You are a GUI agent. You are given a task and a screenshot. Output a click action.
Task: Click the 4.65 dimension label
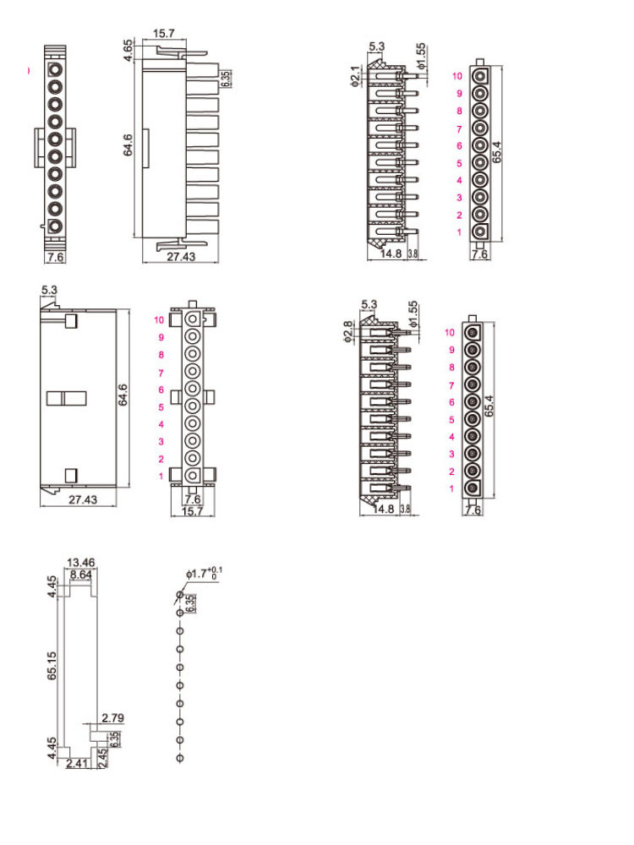click(x=128, y=48)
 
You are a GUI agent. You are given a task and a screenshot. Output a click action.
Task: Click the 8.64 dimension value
click(x=81, y=575)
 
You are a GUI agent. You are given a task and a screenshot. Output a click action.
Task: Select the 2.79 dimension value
click(x=112, y=718)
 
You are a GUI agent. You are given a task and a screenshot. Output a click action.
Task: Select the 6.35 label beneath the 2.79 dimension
click(x=114, y=738)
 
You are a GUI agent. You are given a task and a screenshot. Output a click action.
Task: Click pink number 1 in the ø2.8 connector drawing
click(x=451, y=489)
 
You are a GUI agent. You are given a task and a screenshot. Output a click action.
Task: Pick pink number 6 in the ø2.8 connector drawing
click(x=451, y=402)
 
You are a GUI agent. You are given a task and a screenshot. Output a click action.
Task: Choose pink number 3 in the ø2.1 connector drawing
click(x=459, y=198)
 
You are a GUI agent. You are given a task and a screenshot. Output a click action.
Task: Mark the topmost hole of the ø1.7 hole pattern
click(x=179, y=595)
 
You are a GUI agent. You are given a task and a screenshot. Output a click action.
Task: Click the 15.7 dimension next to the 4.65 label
click(x=165, y=34)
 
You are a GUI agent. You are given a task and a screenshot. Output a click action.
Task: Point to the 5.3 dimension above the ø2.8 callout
click(x=369, y=304)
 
